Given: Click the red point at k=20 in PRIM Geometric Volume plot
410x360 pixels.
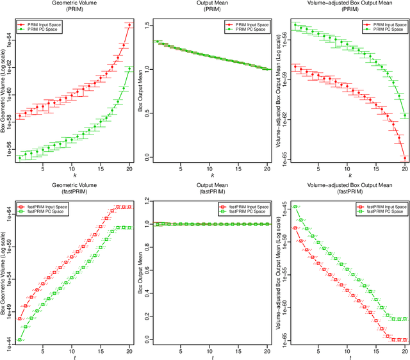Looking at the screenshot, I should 129,26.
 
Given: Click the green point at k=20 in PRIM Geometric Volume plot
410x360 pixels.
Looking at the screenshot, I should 129,69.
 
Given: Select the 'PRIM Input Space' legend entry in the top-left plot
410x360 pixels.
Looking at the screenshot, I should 45,23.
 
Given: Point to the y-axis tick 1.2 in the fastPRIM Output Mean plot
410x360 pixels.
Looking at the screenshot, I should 146,203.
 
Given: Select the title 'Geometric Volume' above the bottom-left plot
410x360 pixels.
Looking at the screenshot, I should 70,186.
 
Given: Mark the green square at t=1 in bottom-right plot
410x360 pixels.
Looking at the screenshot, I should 295,207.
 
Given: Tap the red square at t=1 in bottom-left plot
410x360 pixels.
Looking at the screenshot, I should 19,318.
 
